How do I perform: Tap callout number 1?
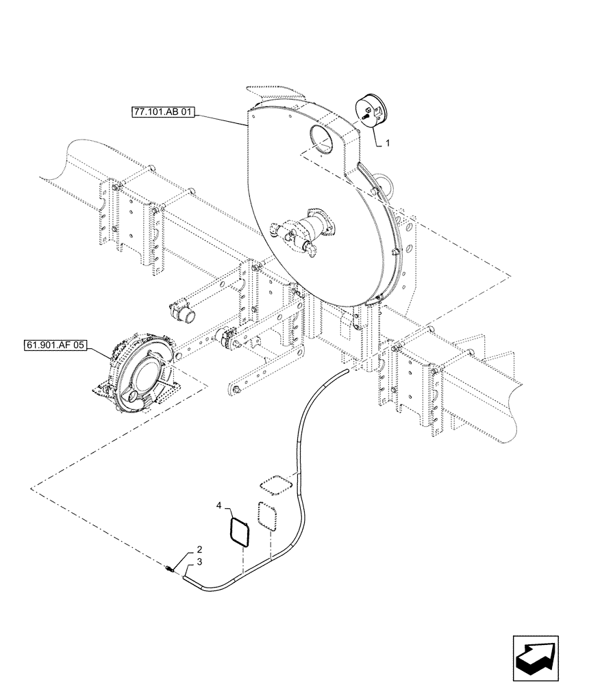(x=388, y=144)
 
